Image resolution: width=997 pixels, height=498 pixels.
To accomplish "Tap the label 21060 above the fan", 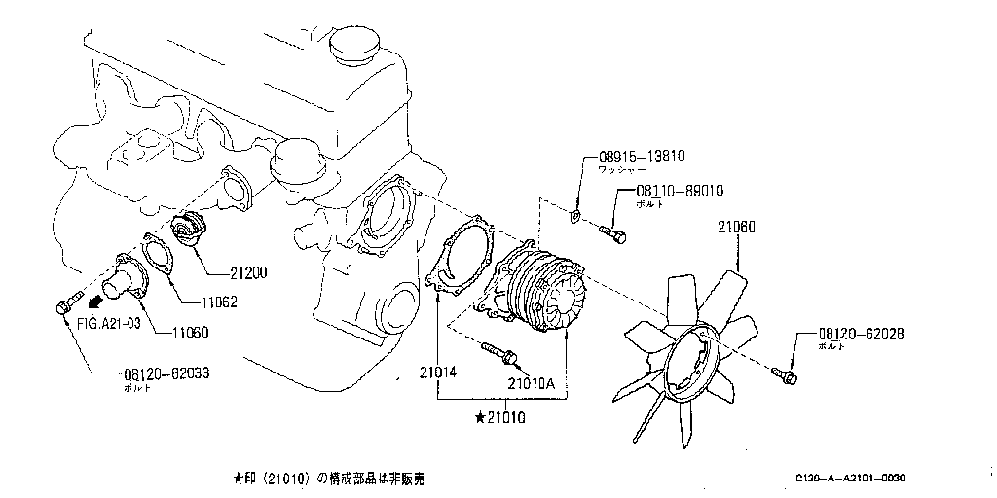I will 738,227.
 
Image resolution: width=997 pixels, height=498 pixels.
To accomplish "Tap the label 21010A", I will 531,382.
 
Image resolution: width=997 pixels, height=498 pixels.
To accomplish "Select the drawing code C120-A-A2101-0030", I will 850,479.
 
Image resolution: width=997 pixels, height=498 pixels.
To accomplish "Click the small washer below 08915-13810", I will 577,216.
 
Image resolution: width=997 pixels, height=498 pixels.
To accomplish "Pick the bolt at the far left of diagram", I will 66,305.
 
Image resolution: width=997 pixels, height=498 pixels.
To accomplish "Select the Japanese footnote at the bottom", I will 328,479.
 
